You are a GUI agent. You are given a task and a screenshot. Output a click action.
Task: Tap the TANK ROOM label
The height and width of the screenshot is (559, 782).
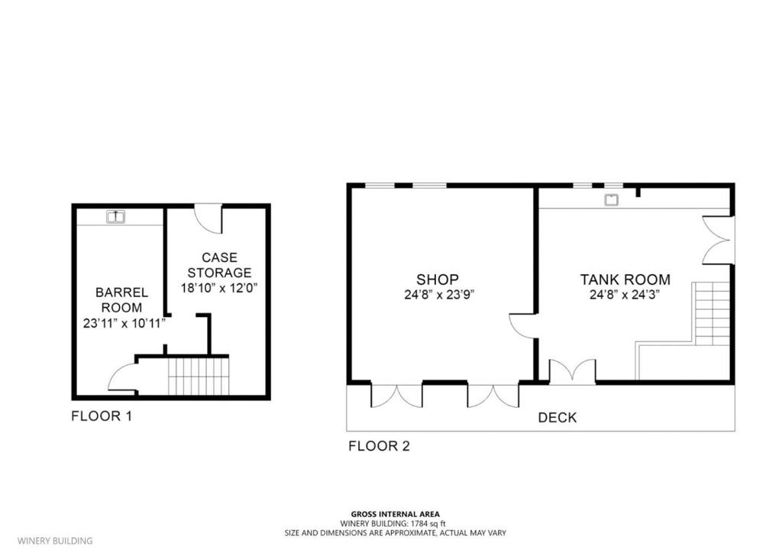pos(625,279)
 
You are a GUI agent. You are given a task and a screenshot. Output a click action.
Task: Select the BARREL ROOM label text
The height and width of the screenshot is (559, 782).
pos(121,299)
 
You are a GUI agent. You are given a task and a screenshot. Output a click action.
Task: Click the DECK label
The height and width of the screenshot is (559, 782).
pos(557,418)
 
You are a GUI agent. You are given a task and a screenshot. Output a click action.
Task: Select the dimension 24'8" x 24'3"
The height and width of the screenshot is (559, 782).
pos(625,295)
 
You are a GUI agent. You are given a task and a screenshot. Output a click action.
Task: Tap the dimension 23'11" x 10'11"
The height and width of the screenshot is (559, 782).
pos(124,323)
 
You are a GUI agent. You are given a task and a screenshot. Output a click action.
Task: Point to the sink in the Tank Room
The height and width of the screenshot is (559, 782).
pos(611,201)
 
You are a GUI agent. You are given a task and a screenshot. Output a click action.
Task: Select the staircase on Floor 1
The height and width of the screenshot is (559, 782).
pos(199,375)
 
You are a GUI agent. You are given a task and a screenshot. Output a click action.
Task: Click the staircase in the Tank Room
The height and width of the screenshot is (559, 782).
pos(712,313)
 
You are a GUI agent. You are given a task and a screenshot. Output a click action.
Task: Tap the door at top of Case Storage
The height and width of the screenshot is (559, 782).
pos(209,218)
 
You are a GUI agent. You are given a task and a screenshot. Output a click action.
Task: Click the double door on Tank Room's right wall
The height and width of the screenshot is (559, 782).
pos(717,240)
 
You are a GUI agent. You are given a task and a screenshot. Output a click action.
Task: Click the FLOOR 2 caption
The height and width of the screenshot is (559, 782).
pos(379,446)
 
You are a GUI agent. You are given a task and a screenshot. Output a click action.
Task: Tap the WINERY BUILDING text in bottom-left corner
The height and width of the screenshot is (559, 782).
pos(55,541)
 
